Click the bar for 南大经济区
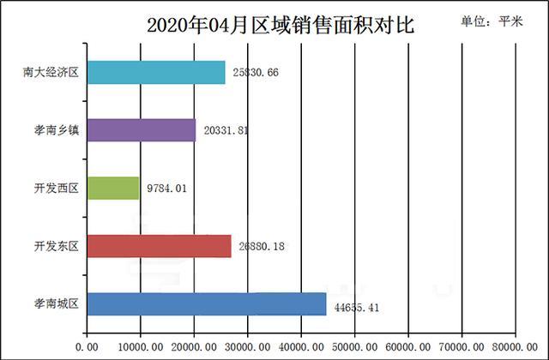156,73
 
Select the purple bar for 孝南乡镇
142,130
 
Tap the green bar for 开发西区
113,188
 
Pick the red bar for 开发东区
159,246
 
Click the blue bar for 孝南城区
207,303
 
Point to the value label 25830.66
255,73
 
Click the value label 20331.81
225,130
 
